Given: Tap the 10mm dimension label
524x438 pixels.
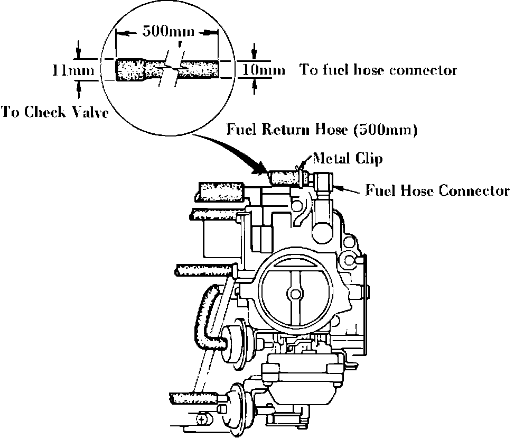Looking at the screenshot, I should [263, 70].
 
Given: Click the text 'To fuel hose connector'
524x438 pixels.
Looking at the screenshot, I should [378, 70].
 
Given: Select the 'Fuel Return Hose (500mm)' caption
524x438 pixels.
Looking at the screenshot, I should [322, 130].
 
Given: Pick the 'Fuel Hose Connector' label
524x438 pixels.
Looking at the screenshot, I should [438, 190].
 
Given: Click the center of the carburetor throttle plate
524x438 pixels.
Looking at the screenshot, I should [294, 291].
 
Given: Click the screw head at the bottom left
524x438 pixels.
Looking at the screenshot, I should [203, 420].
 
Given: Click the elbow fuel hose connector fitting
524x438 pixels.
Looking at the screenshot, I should [322, 182].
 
